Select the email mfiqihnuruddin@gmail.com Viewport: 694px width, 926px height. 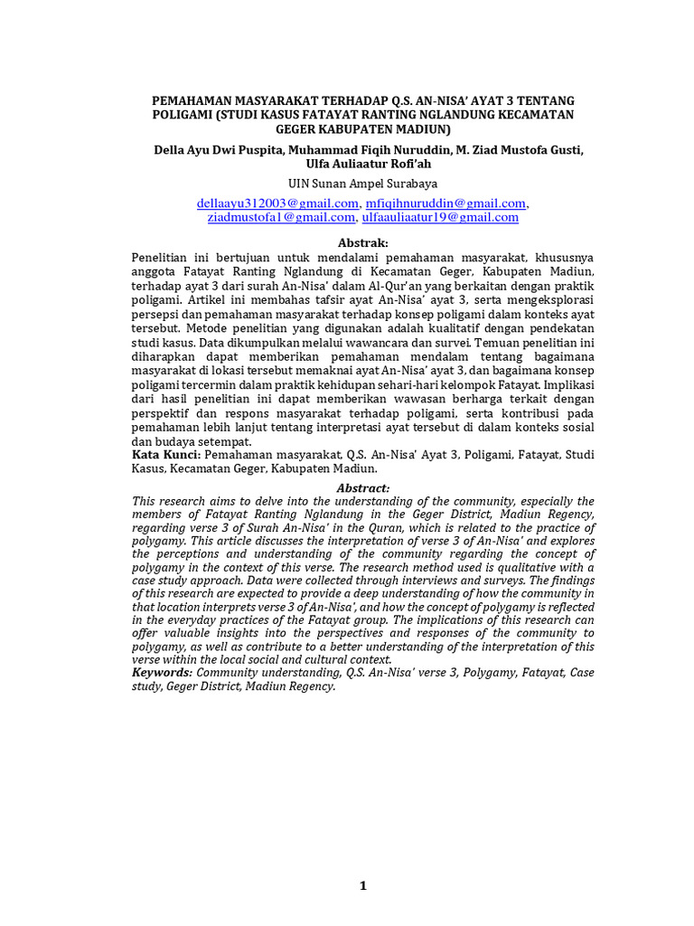pos(445,203)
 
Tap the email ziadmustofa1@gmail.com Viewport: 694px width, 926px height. pos(281,217)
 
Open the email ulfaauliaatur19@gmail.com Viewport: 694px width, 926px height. pos(440,217)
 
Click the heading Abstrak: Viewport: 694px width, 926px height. pos(362,243)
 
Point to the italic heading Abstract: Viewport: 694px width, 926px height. pos(362,488)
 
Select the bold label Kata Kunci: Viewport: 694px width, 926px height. pos(167,455)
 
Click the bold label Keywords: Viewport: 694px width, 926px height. pos(163,673)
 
